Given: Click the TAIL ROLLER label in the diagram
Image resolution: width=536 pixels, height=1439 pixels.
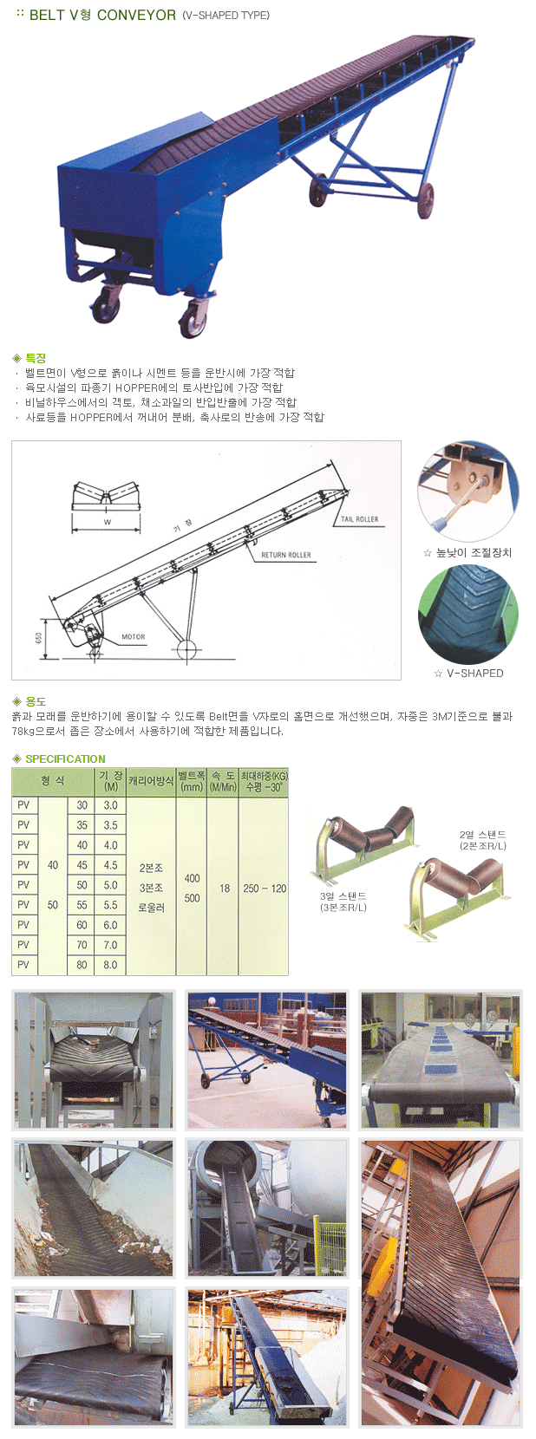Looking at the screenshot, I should pos(359,519).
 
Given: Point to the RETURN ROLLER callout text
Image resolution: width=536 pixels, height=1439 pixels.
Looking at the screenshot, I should pos(286,555).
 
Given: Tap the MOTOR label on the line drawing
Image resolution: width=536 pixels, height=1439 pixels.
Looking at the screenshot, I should pos(134,636).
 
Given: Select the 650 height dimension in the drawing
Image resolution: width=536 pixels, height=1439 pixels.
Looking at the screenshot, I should pos(39,637).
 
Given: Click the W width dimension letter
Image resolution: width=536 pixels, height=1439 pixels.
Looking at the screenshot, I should pos(108,522).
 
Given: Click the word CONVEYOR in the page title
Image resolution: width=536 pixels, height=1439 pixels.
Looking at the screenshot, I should pos(137,15).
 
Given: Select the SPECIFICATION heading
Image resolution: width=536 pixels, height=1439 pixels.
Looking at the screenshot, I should pos(65,759).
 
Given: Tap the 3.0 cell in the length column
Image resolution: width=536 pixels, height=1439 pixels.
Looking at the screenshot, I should pos(110,805).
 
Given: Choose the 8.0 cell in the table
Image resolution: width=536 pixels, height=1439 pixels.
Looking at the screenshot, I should pos(110,965).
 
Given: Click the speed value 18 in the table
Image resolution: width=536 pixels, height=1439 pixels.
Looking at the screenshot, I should pos(224,889).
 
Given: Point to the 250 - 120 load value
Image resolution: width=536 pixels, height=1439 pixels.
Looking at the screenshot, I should pos(265,889).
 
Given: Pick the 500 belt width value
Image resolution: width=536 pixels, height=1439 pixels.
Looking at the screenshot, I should pos(192,898).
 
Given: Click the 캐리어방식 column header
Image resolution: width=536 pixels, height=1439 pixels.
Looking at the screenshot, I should pos(151,781).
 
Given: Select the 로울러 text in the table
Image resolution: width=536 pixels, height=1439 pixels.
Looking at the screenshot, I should pos(151,908).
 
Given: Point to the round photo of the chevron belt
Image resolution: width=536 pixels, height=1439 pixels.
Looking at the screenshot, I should pos(468,615).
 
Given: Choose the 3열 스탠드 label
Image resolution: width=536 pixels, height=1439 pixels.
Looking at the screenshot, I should pos(343,896).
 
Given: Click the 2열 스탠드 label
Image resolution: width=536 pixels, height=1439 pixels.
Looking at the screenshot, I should pos(483,835).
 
